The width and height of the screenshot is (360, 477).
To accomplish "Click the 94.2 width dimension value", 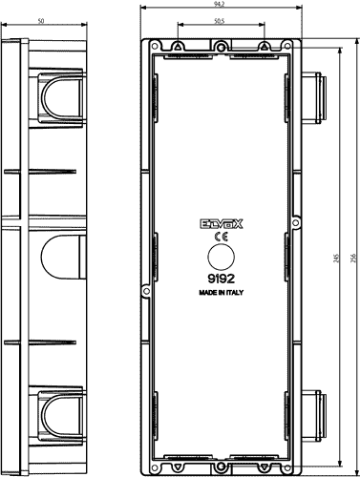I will click(x=220, y=4).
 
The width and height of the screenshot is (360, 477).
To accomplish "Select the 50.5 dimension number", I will click(x=221, y=19).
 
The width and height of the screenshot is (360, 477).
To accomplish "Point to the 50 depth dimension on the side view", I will click(x=41, y=19).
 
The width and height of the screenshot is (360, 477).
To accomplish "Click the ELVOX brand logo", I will click(x=222, y=225).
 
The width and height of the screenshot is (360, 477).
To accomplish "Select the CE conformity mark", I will click(x=221, y=238).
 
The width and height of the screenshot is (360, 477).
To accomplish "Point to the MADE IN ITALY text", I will click(x=222, y=295).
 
